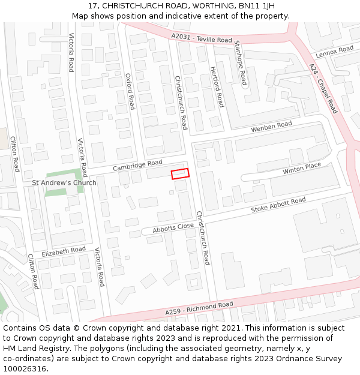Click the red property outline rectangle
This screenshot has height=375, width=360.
180,173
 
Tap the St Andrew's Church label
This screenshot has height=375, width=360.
64,182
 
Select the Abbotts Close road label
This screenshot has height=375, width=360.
173,228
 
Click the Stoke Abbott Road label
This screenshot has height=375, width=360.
278,205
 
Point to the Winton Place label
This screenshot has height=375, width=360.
302,169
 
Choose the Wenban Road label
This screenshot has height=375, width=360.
271,127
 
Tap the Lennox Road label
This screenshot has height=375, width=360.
335,52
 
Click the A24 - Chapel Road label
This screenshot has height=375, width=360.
323,88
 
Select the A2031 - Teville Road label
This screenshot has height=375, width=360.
201,38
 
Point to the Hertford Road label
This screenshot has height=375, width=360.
217,87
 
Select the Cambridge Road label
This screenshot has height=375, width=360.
137,166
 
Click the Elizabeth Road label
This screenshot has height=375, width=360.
64,251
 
